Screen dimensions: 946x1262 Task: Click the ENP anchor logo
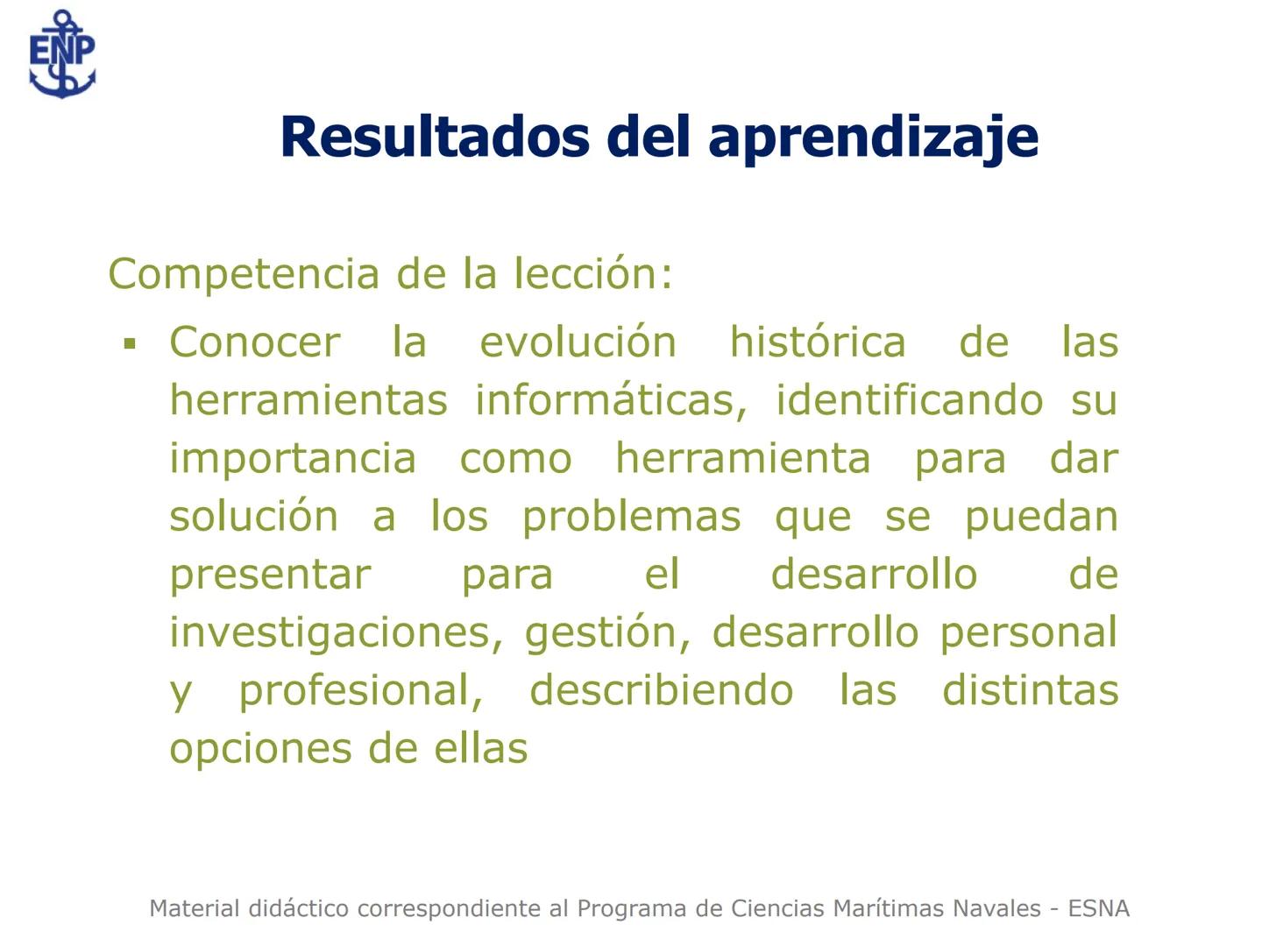[x=61, y=54]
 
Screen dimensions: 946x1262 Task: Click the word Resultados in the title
[x=435, y=138]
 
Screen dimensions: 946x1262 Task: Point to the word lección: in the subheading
[x=592, y=273]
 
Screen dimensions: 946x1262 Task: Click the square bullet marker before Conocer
[x=131, y=344]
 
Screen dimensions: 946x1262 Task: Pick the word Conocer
[x=254, y=342]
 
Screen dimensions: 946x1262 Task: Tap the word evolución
[x=578, y=342]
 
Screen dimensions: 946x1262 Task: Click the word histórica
[x=818, y=342]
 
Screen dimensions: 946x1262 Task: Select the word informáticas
[x=611, y=400]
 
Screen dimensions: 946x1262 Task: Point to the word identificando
[x=909, y=400]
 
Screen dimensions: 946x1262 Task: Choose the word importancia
[x=293, y=459]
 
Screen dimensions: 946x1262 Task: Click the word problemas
[x=631, y=518]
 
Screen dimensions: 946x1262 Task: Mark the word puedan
[x=1041, y=518]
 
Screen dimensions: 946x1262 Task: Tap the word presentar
[x=270, y=575]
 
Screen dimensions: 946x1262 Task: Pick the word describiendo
[x=661, y=690]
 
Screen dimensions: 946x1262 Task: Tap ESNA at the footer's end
[x=1098, y=908]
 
